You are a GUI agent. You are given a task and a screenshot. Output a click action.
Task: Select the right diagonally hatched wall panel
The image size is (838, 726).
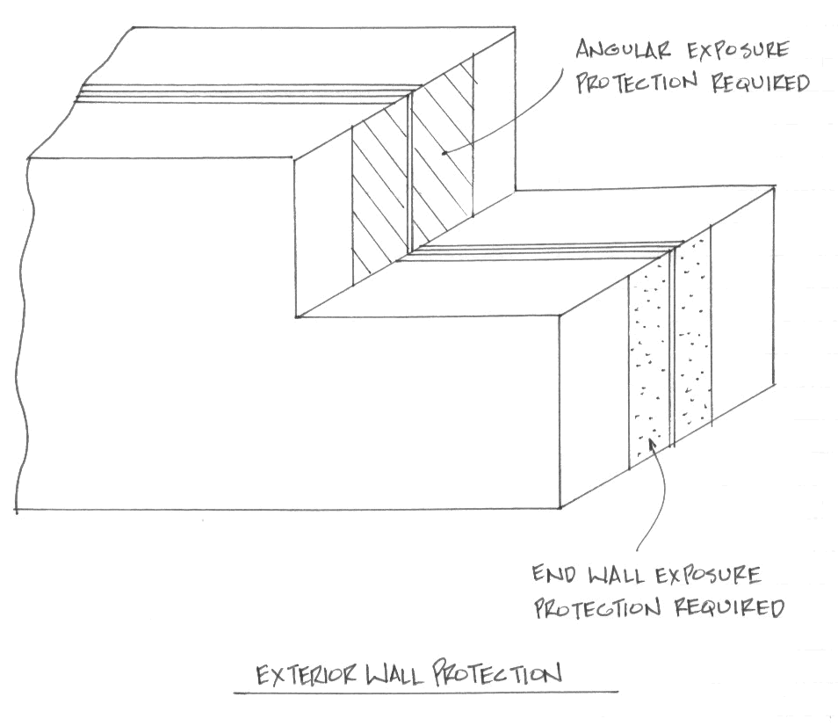[443, 158]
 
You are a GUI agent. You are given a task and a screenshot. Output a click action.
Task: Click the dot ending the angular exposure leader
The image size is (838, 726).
[445, 154]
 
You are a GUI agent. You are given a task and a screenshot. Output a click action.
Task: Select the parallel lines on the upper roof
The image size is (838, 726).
[246, 94]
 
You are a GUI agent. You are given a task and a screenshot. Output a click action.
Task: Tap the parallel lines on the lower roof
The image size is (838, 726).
[545, 250]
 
